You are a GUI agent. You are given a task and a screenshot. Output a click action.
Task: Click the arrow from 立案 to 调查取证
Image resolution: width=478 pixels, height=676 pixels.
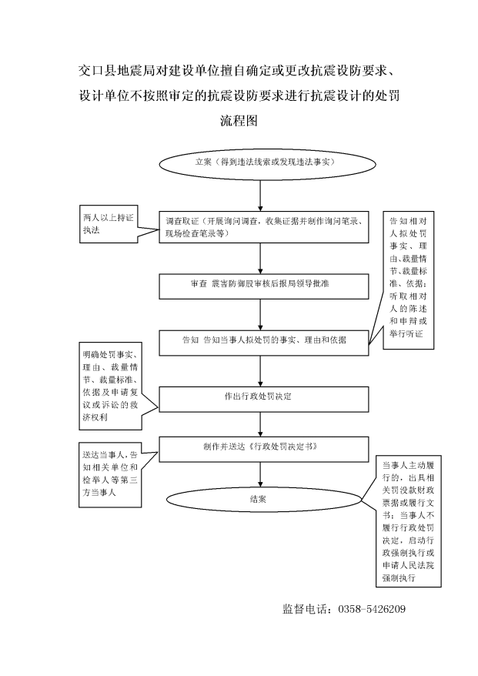[x=260, y=196]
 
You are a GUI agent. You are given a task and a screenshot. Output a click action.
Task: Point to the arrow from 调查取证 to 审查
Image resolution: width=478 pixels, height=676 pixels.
[x=260, y=259]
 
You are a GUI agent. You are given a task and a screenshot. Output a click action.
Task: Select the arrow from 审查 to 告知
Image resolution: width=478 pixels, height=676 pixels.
[x=260, y=315]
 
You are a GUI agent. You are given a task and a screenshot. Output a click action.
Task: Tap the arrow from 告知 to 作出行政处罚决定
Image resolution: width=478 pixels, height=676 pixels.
[x=260, y=371]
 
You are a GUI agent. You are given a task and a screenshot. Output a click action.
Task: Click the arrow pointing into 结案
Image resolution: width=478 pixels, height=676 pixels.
[x=260, y=475]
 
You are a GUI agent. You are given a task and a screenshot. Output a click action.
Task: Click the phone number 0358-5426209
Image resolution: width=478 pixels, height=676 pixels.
[x=372, y=609]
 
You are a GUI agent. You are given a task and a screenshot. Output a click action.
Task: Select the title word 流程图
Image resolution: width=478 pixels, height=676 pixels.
[x=239, y=120]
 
